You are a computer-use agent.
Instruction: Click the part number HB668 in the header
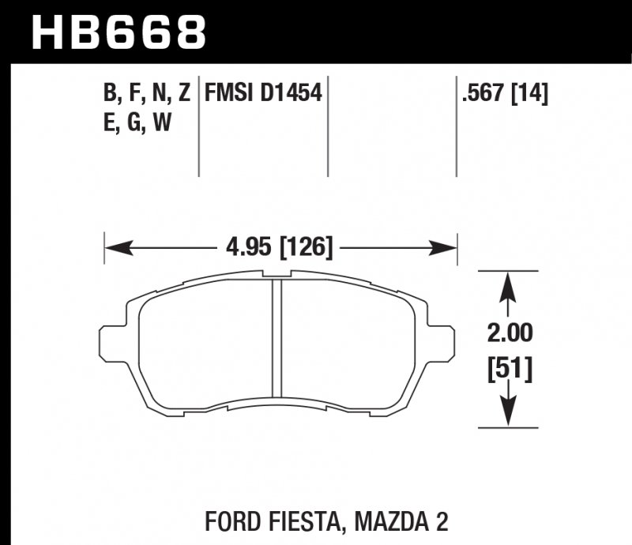118,31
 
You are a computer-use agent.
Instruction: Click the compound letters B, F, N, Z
146,95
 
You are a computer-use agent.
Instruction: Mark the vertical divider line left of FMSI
197,126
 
